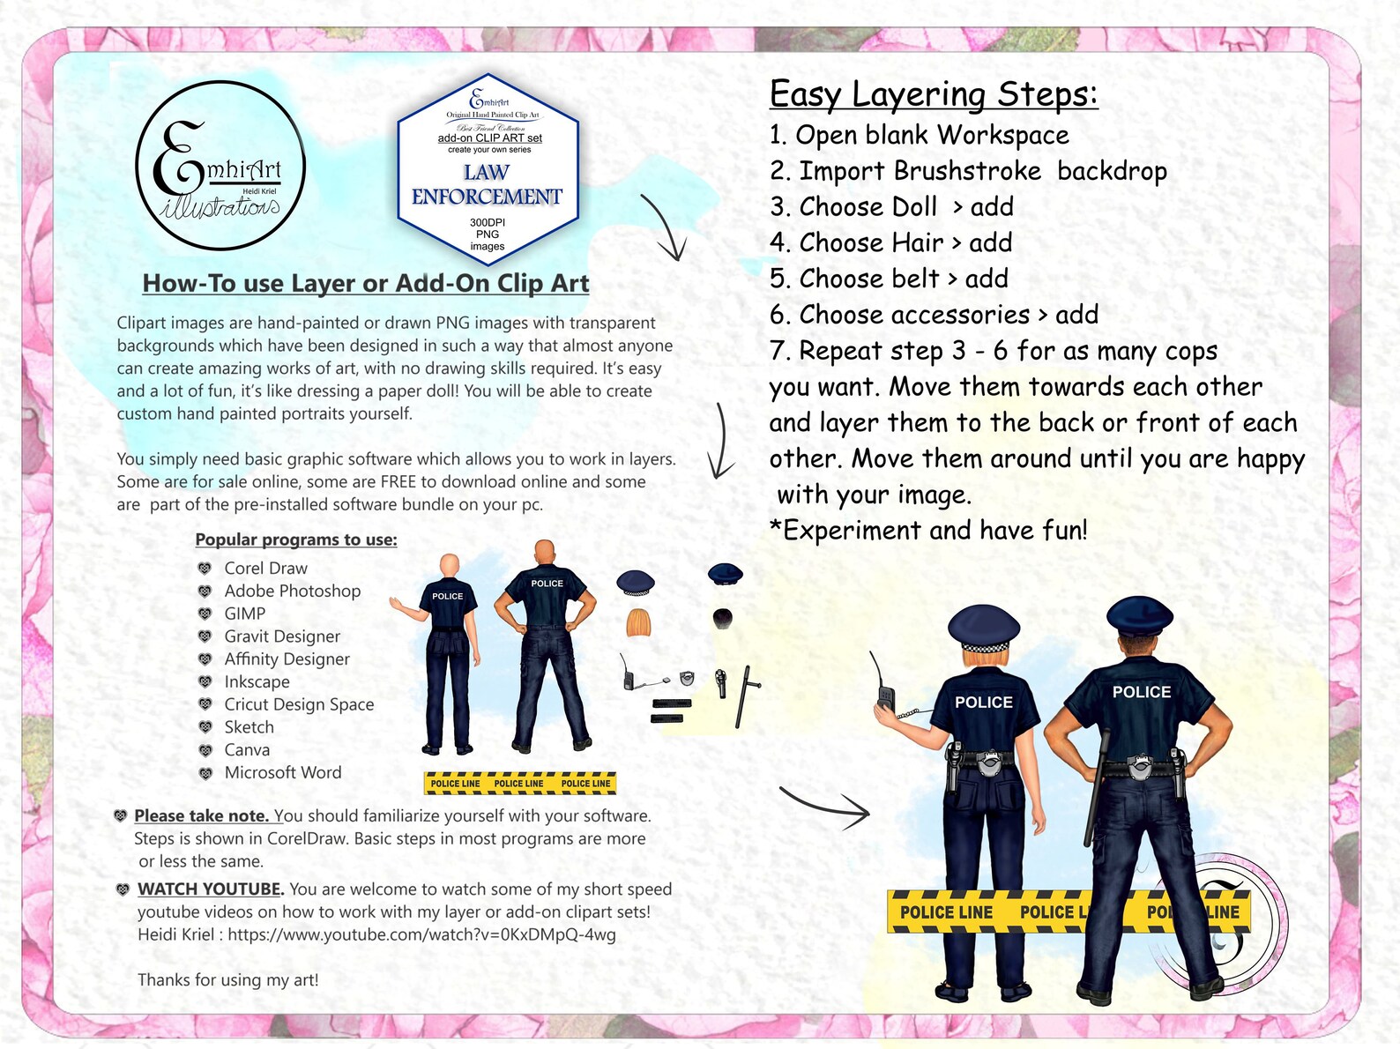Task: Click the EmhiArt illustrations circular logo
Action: click(220, 166)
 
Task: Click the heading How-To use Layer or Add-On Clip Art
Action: click(366, 284)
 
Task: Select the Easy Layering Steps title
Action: click(934, 94)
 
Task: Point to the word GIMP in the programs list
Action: click(244, 614)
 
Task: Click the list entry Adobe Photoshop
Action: click(292, 591)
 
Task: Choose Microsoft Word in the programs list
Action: click(282, 773)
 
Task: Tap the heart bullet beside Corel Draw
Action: click(205, 569)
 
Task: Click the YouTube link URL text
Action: click(421, 935)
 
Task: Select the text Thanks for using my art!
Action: click(227, 980)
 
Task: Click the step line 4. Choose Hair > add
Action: click(890, 242)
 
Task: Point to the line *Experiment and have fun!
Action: click(928, 531)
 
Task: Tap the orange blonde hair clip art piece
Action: click(638, 622)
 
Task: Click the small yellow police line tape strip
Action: click(520, 783)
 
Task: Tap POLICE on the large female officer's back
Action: click(984, 703)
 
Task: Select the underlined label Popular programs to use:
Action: click(296, 539)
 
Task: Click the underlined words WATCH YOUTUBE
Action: click(210, 889)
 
